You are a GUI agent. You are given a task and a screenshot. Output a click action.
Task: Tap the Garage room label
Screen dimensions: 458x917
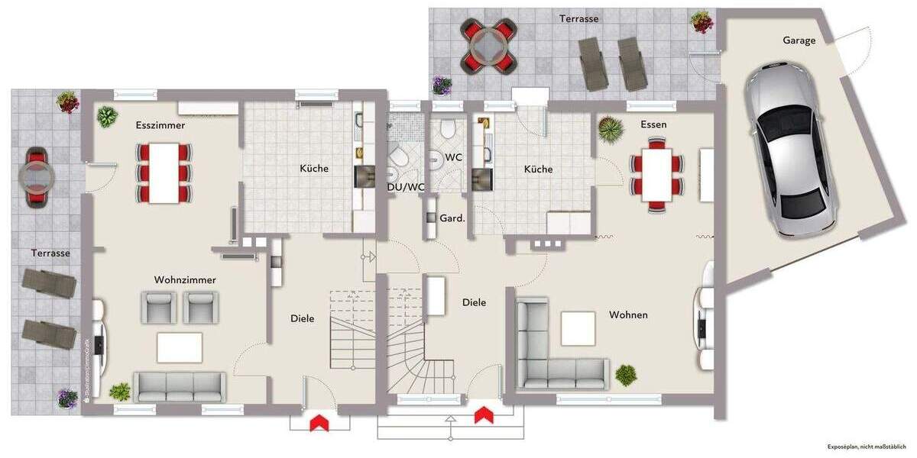(799, 40)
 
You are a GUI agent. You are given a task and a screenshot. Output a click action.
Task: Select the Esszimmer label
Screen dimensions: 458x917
(160, 124)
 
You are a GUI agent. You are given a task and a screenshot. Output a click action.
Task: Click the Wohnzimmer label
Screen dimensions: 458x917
(185, 280)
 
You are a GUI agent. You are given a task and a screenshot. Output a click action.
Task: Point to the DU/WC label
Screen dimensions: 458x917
(406, 187)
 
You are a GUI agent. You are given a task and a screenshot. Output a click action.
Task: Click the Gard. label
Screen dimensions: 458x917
(452, 218)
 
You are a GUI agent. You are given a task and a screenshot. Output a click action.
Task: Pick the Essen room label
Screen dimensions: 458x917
(654, 124)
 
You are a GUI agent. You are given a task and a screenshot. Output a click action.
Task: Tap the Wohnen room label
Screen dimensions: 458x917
(628, 314)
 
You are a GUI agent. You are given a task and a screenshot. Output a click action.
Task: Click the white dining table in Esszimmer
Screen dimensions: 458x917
(165, 173)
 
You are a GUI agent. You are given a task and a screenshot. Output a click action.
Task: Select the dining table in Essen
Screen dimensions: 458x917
(656, 173)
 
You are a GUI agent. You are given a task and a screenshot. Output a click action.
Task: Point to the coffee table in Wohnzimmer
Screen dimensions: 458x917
(180, 347)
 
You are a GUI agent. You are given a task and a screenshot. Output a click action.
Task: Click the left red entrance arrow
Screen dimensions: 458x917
(319, 422)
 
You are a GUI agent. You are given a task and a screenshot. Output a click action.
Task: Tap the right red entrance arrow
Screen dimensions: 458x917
(483, 415)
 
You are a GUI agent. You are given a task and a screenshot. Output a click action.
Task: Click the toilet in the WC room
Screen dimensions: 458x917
(449, 128)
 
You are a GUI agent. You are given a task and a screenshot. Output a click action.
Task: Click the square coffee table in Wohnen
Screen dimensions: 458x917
(578, 329)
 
